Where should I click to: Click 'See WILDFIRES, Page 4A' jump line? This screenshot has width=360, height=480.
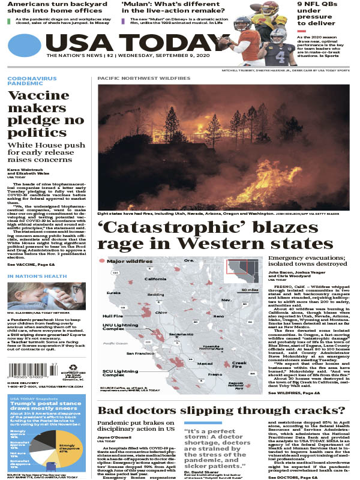click(x=295, y=392)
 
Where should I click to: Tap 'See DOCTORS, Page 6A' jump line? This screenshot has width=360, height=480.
click(x=293, y=476)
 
